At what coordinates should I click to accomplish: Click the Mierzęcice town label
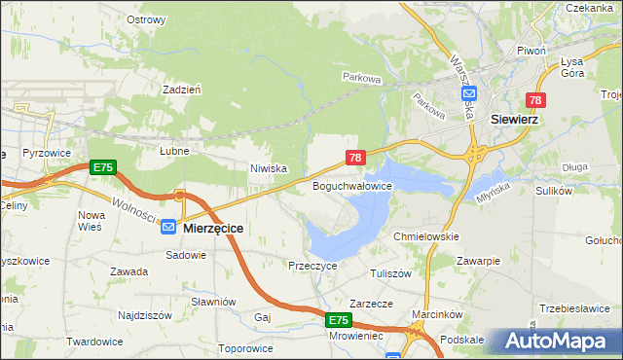point(213,227)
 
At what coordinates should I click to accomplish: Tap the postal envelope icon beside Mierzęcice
point(168,227)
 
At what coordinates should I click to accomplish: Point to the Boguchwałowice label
point(351,185)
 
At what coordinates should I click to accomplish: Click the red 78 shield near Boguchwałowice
point(355,158)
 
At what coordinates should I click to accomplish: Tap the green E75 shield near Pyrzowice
point(102,168)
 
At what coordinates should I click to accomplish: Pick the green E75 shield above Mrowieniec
point(337,320)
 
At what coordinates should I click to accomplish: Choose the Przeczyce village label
point(312,265)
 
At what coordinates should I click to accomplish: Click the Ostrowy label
point(146,19)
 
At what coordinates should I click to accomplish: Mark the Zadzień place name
point(182,89)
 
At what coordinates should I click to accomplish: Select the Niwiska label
point(269,168)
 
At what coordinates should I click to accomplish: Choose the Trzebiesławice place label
point(578,308)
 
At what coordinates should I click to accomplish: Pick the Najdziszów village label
point(144,315)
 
